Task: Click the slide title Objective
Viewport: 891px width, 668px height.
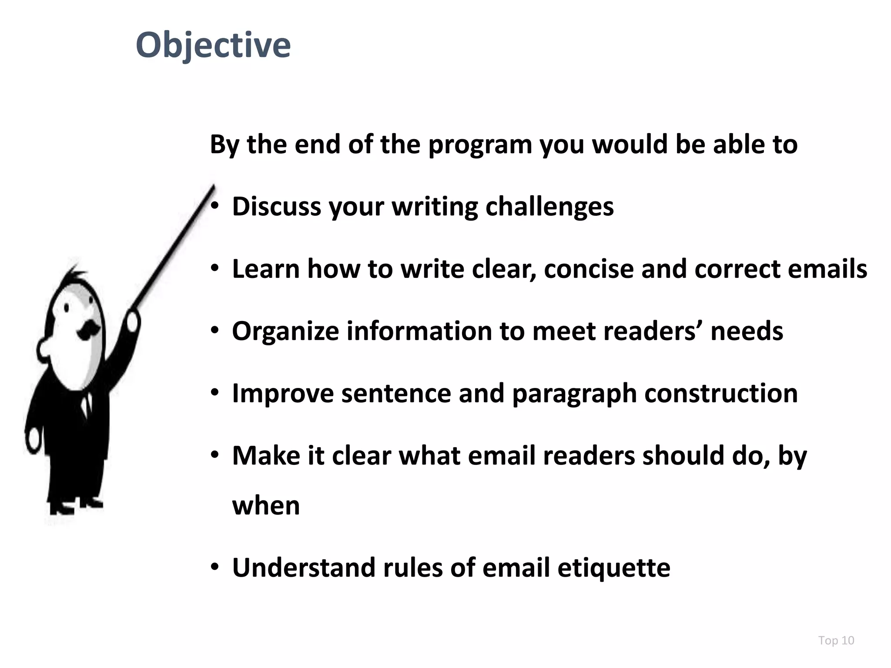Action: (x=213, y=45)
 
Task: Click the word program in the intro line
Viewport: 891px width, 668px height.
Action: (x=480, y=145)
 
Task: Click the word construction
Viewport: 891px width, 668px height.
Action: (x=721, y=393)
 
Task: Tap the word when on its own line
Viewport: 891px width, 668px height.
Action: (x=266, y=506)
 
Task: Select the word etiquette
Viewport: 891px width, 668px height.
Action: (x=614, y=568)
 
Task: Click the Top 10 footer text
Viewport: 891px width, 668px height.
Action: (x=836, y=640)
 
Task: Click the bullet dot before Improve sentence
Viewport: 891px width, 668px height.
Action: (x=214, y=394)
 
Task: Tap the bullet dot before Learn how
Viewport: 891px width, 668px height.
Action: (x=214, y=269)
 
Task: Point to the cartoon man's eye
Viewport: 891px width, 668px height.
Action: (x=67, y=308)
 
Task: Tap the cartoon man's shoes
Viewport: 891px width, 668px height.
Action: (x=74, y=506)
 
